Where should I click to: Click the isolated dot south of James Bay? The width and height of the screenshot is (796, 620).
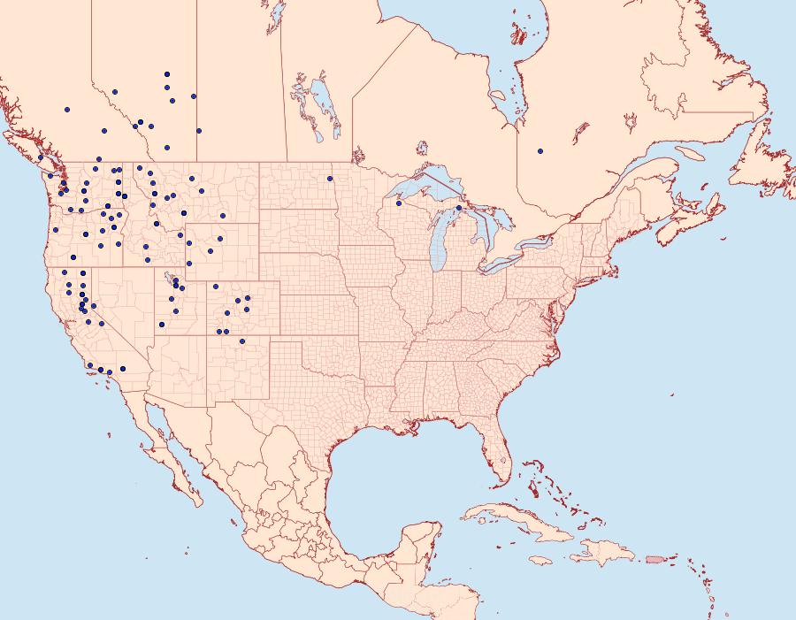click(540, 151)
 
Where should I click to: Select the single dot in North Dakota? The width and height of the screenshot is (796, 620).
click(328, 179)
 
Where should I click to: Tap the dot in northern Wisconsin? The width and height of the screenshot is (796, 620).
click(398, 203)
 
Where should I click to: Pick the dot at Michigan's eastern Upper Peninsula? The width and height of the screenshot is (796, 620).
click(458, 208)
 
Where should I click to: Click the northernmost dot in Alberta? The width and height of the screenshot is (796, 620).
click(166, 74)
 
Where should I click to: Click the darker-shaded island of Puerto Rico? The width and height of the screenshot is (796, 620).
click(655, 559)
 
